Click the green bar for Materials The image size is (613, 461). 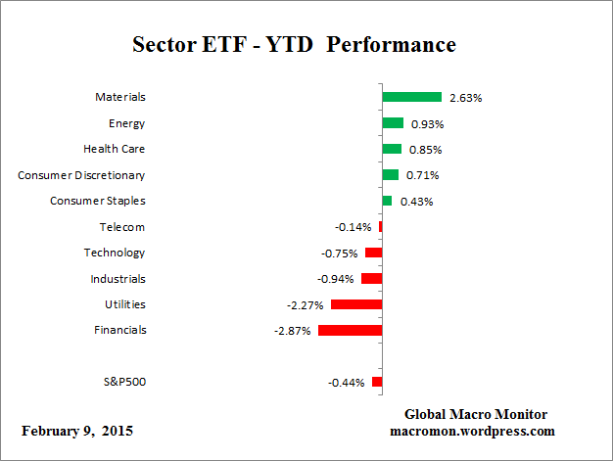pyautogui.click(x=411, y=97)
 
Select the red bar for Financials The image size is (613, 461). pyautogui.click(x=350, y=330)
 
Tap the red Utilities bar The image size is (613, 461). pyautogui.click(x=356, y=304)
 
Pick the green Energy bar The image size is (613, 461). pyautogui.click(x=393, y=123)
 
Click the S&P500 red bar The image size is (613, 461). pyautogui.click(x=377, y=382)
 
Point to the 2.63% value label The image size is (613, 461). pyautogui.click(x=465, y=98)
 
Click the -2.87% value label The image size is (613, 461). pyautogui.click(x=293, y=331)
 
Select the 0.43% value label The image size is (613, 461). pyautogui.click(x=414, y=202)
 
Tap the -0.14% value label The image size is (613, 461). pyautogui.click(x=353, y=227)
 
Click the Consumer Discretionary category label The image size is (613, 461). pyautogui.click(x=81, y=175)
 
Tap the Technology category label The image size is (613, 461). pyautogui.click(x=115, y=253)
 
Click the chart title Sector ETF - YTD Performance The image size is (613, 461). pyautogui.click(x=294, y=45)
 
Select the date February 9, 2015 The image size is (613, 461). pyautogui.click(x=77, y=431)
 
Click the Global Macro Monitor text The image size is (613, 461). pyautogui.click(x=475, y=414)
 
